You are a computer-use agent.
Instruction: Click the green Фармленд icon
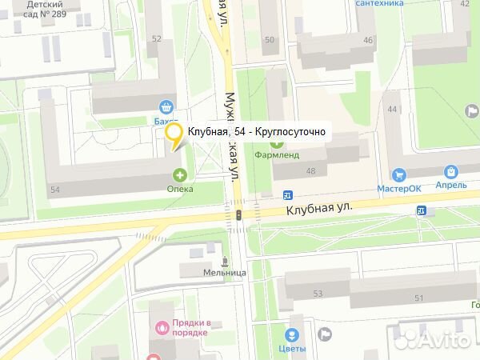tap(277, 142)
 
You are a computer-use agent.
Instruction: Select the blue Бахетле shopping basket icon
tap(166, 106)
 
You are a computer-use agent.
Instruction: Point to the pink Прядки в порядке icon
tap(163, 326)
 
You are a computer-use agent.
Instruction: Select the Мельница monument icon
tap(224, 261)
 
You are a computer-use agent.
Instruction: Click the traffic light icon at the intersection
tap(238, 214)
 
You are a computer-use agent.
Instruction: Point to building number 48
tap(310, 171)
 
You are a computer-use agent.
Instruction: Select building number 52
tap(156, 39)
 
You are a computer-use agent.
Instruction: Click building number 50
tap(269, 40)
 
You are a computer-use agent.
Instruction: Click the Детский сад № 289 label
tap(44, 9)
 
